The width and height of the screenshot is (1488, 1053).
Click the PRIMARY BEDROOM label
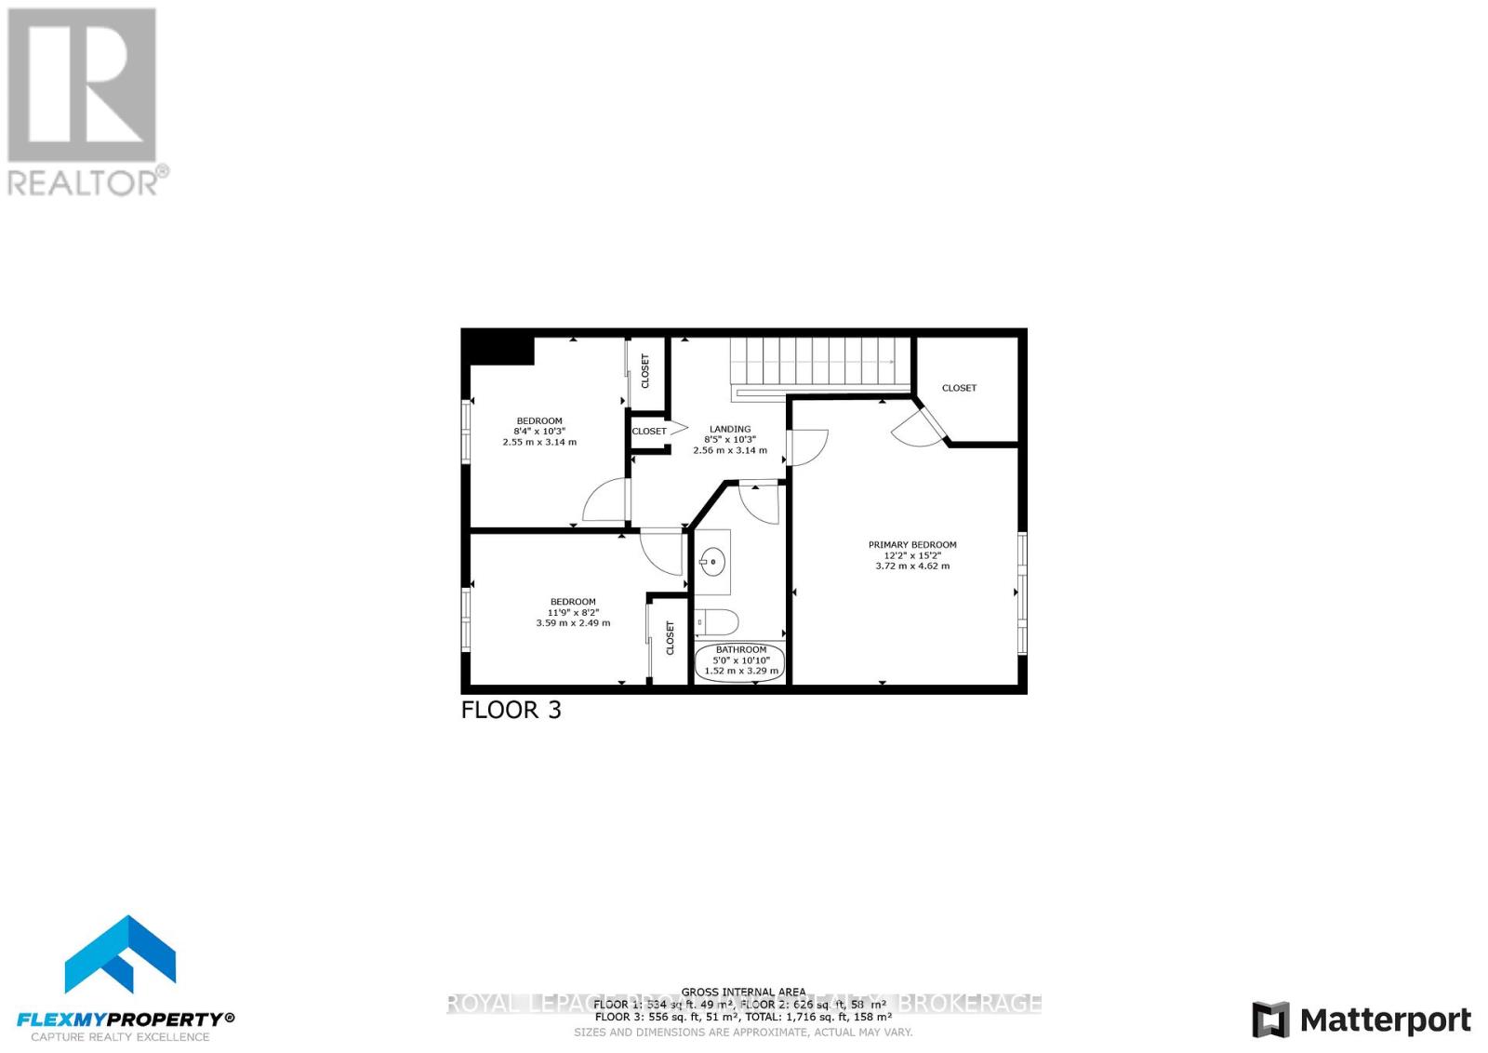tap(911, 545)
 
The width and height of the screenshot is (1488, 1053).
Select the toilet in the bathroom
tap(717, 620)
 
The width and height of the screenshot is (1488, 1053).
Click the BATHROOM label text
tap(741, 649)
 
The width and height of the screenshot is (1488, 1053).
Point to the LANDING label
tap(730, 429)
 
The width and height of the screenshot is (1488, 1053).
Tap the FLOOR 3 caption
tap(511, 710)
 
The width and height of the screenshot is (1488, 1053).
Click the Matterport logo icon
tap(1270, 1020)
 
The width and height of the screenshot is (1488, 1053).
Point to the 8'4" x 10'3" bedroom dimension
tap(539, 432)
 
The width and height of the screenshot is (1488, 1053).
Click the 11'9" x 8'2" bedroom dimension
tap(573, 612)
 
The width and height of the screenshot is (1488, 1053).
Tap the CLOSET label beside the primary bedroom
tap(959, 388)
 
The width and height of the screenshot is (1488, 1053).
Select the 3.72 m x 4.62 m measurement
tap(911, 566)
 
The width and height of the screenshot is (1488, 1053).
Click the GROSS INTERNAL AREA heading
tap(743, 992)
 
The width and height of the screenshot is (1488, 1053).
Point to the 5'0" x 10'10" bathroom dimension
tap(741, 660)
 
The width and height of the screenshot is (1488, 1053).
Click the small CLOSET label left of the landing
tap(649, 431)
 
